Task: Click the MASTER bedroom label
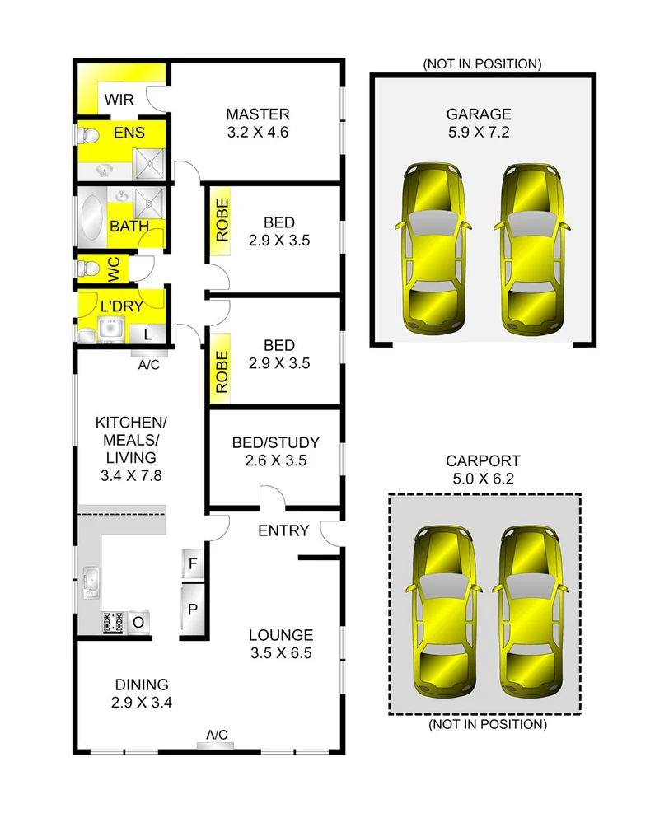click(x=258, y=114)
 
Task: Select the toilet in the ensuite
click(x=87, y=134)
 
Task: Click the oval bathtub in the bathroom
click(x=91, y=217)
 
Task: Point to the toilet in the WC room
click(x=87, y=269)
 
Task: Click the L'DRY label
click(x=122, y=306)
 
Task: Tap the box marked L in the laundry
click(x=147, y=334)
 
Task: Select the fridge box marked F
click(x=192, y=564)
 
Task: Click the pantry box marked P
click(x=192, y=610)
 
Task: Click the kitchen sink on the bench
click(x=91, y=582)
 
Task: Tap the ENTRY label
click(x=283, y=530)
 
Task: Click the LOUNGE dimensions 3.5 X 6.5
click(x=281, y=654)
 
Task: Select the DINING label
click(x=141, y=685)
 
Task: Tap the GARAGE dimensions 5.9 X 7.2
click(x=479, y=132)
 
